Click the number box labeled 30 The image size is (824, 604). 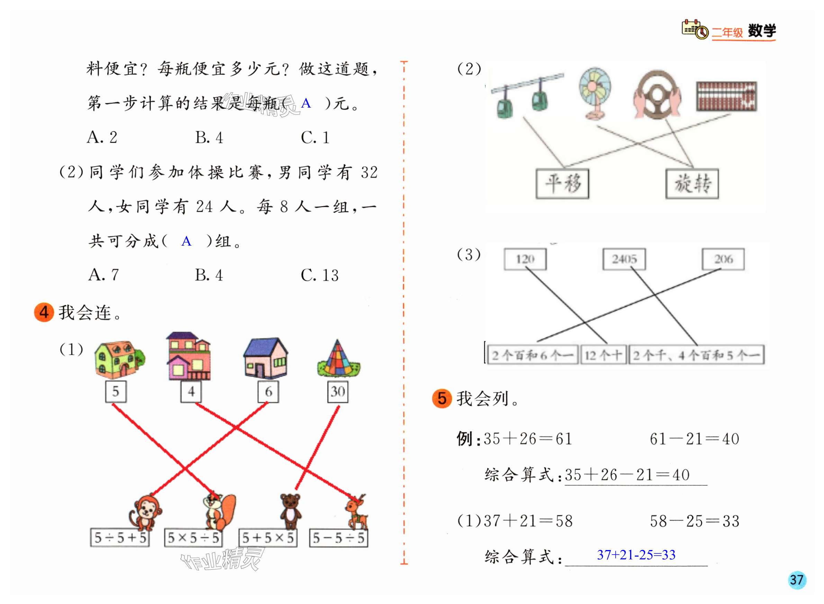(337, 392)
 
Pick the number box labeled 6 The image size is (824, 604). (268, 392)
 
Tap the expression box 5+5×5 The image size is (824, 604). (268, 538)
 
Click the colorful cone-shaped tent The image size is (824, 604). (338, 359)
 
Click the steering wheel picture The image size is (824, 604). (657, 95)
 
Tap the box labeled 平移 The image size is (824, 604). (562, 184)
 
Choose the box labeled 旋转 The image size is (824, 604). (692, 184)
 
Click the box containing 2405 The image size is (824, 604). (624, 259)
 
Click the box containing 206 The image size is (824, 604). (723, 259)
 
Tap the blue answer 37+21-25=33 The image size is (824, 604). (636, 555)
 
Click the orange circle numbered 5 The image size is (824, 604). (442, 398)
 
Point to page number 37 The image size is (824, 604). (797, 580)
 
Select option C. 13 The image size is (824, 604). (319, 275)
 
